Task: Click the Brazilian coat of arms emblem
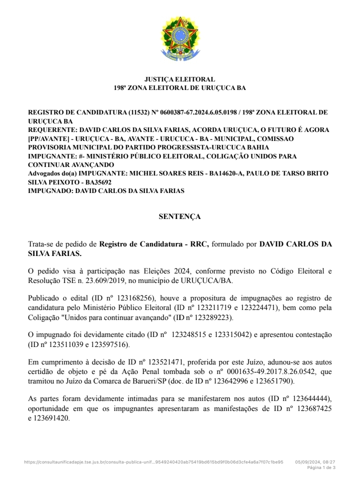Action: point(180,39)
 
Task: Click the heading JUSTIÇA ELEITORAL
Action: point(180,79)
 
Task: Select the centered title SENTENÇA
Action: point(179,216)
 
